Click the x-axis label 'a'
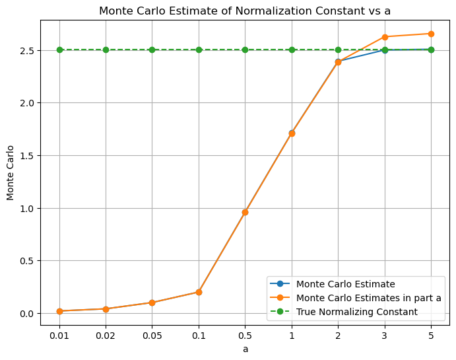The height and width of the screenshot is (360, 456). point(245,348)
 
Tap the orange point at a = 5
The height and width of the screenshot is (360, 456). point(431,34)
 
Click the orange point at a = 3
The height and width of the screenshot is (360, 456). point(385,37)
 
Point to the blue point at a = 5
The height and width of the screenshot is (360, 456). point(431,50)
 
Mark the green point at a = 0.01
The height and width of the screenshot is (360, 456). point(59,50)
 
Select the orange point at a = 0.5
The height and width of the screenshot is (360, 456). point(245,212)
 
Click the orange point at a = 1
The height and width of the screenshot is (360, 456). point(292,133)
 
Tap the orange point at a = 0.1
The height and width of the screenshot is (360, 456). point(199,292)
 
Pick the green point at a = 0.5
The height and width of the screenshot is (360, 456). point(245,50)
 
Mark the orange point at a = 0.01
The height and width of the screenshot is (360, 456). point(59,311)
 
